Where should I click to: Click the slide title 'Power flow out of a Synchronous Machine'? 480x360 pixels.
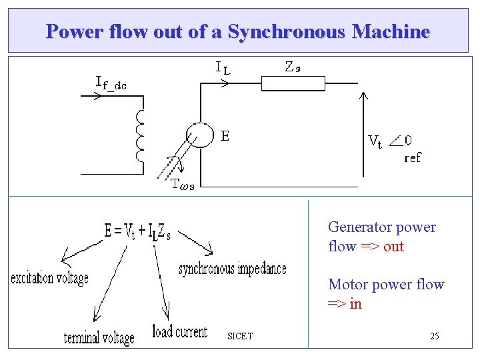click(x=238, y=31)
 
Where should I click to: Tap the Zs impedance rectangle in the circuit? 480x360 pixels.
click(x=293, y=83)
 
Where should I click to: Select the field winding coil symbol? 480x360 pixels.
click(x=139, y=136)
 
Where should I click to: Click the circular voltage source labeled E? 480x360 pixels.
click(x=198, y=136)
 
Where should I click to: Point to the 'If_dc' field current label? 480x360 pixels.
click(x=111, y=83)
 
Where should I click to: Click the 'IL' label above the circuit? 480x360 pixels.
click(x=223, y=67)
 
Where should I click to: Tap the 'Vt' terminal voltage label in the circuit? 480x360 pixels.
click(x=375, y=141)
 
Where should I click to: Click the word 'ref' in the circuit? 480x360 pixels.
click(x=413, y=158)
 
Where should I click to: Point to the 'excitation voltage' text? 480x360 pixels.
click(x=49, y=278)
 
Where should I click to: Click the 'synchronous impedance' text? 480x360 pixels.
click(x=233, y=269)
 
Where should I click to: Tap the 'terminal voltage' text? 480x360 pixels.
click(x=99, y=337)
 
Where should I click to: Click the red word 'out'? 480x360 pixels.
click(x=393, y=246)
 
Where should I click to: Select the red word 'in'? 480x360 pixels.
click(x=355, y=303)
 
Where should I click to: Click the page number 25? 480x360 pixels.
click(x=434, y=336)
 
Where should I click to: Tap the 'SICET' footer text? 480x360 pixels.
click(x=239, y=335)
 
